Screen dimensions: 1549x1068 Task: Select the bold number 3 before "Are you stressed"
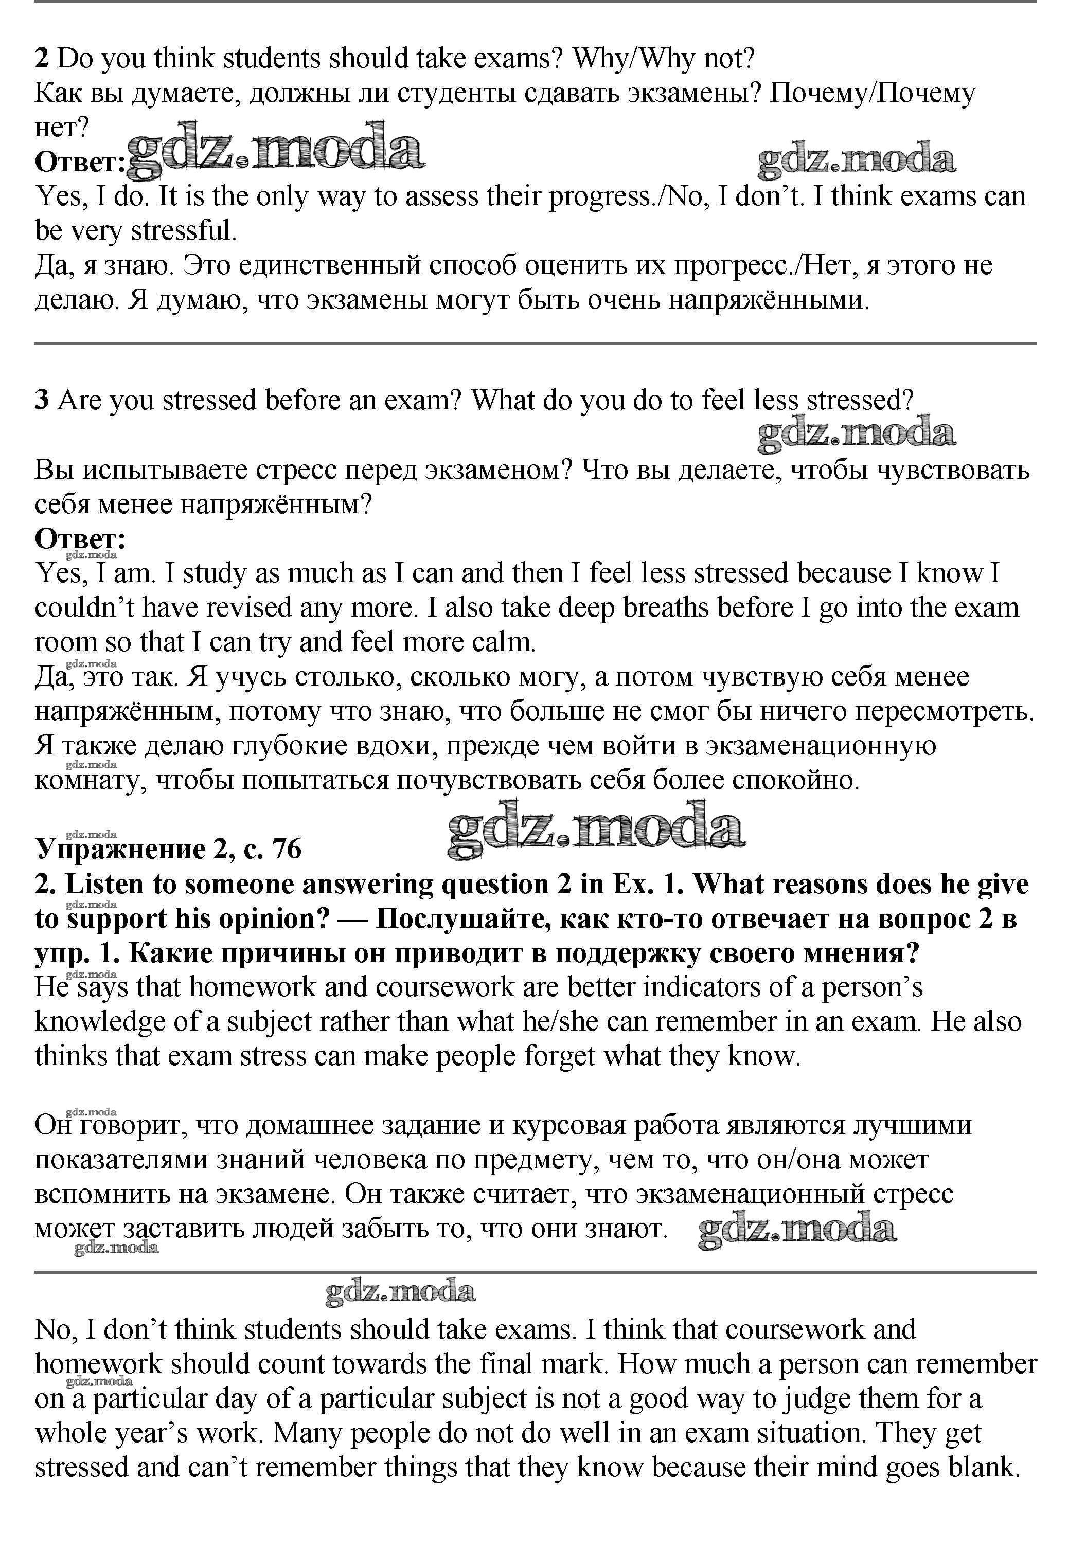[x=42, y=400]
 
